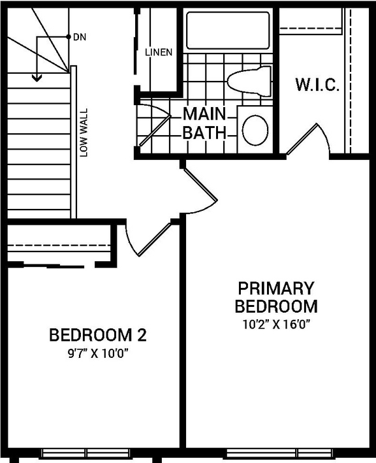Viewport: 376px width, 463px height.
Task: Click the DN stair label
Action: pyautogui.click(x=80, y=37)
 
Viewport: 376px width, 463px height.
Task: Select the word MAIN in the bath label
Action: pyautogui.click(x=204, y=114)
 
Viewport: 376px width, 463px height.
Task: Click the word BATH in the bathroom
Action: pyautogui.click(x=204, y=133)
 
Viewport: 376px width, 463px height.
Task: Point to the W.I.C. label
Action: pyautogui.click(x=317, y=85)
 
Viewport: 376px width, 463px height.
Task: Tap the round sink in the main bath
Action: pyautogui.click(x=256, y=129)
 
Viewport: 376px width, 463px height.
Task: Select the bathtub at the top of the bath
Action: pyautogui.click(x=227, y=31)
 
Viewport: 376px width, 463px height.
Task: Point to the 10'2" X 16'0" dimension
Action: pyautogui.click(x=276, y=325)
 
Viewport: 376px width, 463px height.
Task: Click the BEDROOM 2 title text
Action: pyautogui.click(x=98, y=336)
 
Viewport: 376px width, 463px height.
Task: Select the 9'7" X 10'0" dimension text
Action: pyautogui.click(x=98, y=357)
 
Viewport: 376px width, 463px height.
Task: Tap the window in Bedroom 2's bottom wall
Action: pyautogui.click(x=87, y=453)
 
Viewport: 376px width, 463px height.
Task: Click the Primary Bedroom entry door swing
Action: pyautogui.click(x=199, y=189)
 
